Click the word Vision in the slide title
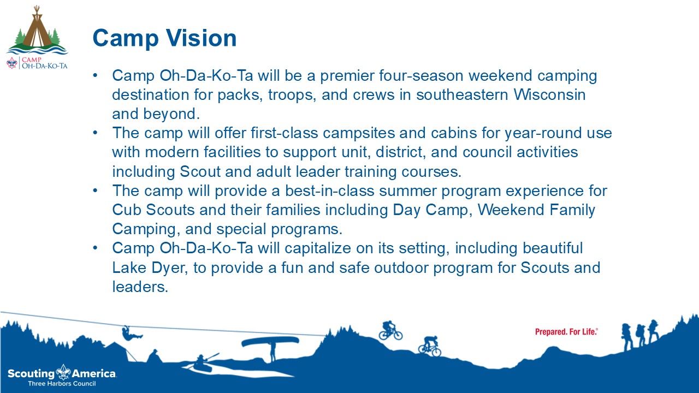[201, 38]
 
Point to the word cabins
[453, 133]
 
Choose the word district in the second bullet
[401, 152]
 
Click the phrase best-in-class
[329, 190]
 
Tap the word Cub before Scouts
[126, 210]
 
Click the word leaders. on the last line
[140, 287]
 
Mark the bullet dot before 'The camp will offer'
[96, 133]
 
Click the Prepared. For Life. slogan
[566, 332]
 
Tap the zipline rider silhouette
[131, 334]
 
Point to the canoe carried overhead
[270, 342]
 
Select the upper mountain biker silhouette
[390, 331]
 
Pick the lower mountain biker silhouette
[430, 346]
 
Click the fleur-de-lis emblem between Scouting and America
[63, 372]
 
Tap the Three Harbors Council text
[62, 384]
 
